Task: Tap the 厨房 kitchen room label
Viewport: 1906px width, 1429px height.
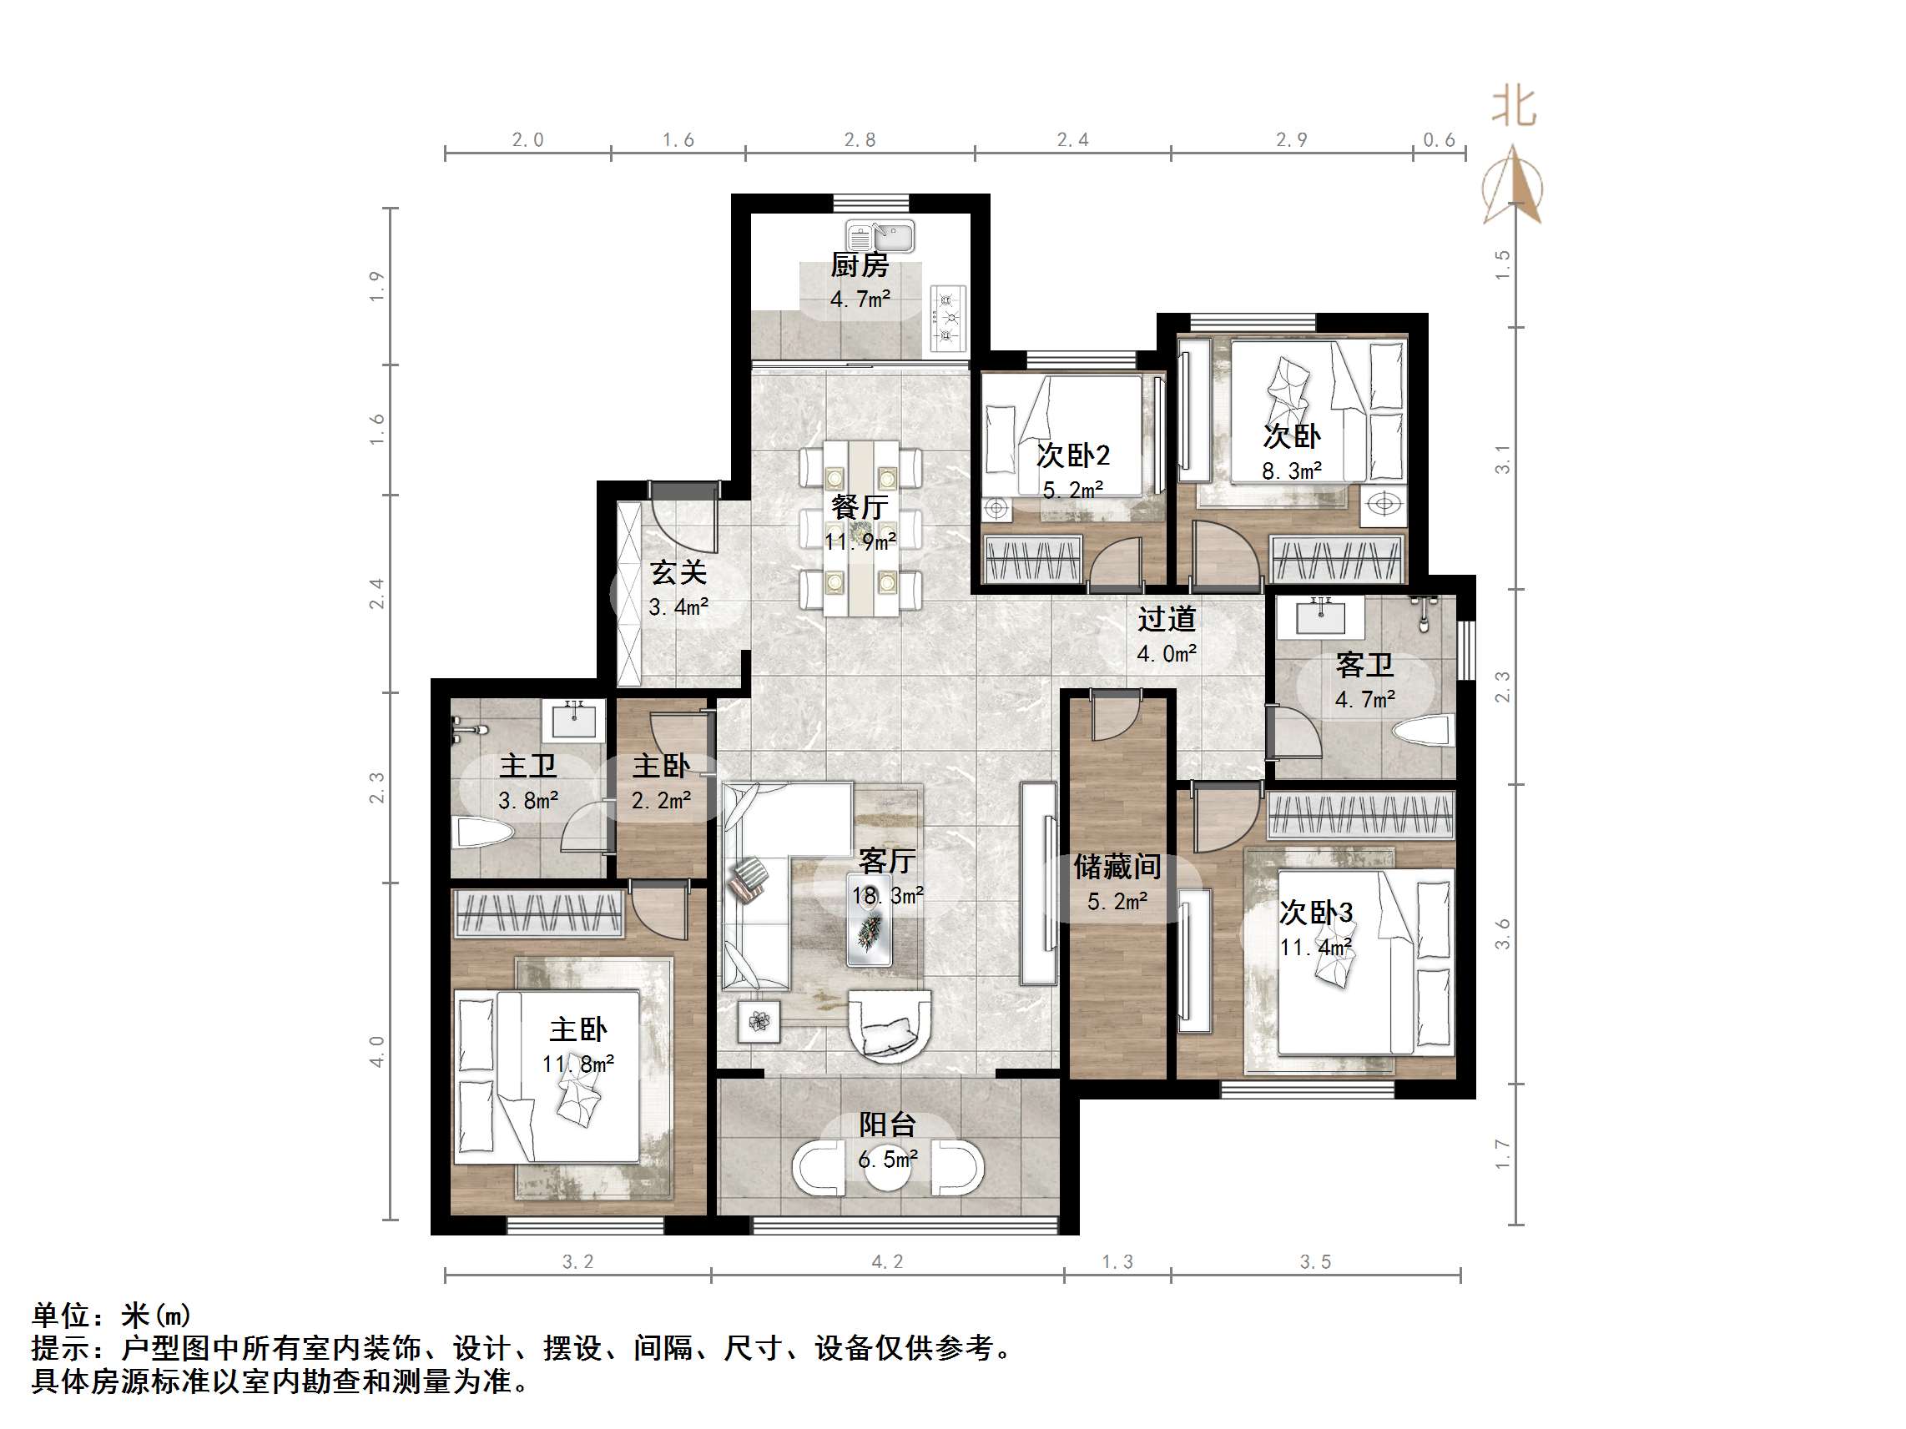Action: pos(859,265)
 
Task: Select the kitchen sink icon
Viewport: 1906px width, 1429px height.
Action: pos(880,235)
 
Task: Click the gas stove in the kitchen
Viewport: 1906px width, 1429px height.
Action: pos(948,318)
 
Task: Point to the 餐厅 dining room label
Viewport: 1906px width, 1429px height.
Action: pos(859,506)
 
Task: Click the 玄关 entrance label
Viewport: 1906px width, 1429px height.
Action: pos(678,572)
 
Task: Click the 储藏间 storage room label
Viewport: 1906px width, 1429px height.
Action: pos(1117,867)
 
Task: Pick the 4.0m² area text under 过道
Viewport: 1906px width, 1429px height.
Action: pos(1166,654)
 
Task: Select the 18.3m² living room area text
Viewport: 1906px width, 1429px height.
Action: pos(888,896)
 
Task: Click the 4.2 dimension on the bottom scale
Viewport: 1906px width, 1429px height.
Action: pos(888,1262)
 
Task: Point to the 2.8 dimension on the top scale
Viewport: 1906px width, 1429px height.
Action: pos(859,139)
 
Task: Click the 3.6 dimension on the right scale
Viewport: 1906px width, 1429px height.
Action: pos(1502,933)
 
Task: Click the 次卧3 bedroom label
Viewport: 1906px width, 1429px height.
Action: pos(1315,912)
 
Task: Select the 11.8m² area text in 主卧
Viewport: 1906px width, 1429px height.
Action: pos(577,1064)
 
